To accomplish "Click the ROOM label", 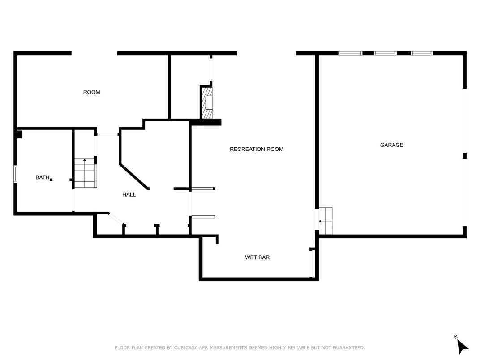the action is coord(91,92).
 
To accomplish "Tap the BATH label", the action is coord(42,177).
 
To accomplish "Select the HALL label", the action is coord(129,194).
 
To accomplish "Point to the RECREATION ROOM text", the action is coord(257,149).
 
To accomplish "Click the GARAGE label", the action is coord(391,145).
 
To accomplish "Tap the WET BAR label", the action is coord(257,257).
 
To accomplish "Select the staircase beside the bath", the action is coord(86,173).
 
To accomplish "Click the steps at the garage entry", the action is coord(325,221).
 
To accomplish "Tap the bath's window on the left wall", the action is coord(15,174).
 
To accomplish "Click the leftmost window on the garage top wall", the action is coord(350,53).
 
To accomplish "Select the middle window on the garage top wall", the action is coord(385,53).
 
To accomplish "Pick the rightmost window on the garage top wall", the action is coord(422,53).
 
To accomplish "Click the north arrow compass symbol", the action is coord(462,347).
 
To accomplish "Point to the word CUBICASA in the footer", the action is coord(186,348).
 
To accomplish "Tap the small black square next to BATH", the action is coord(51,180).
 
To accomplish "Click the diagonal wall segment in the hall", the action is coord(134,177).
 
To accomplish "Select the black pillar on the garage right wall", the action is coord(464,155).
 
